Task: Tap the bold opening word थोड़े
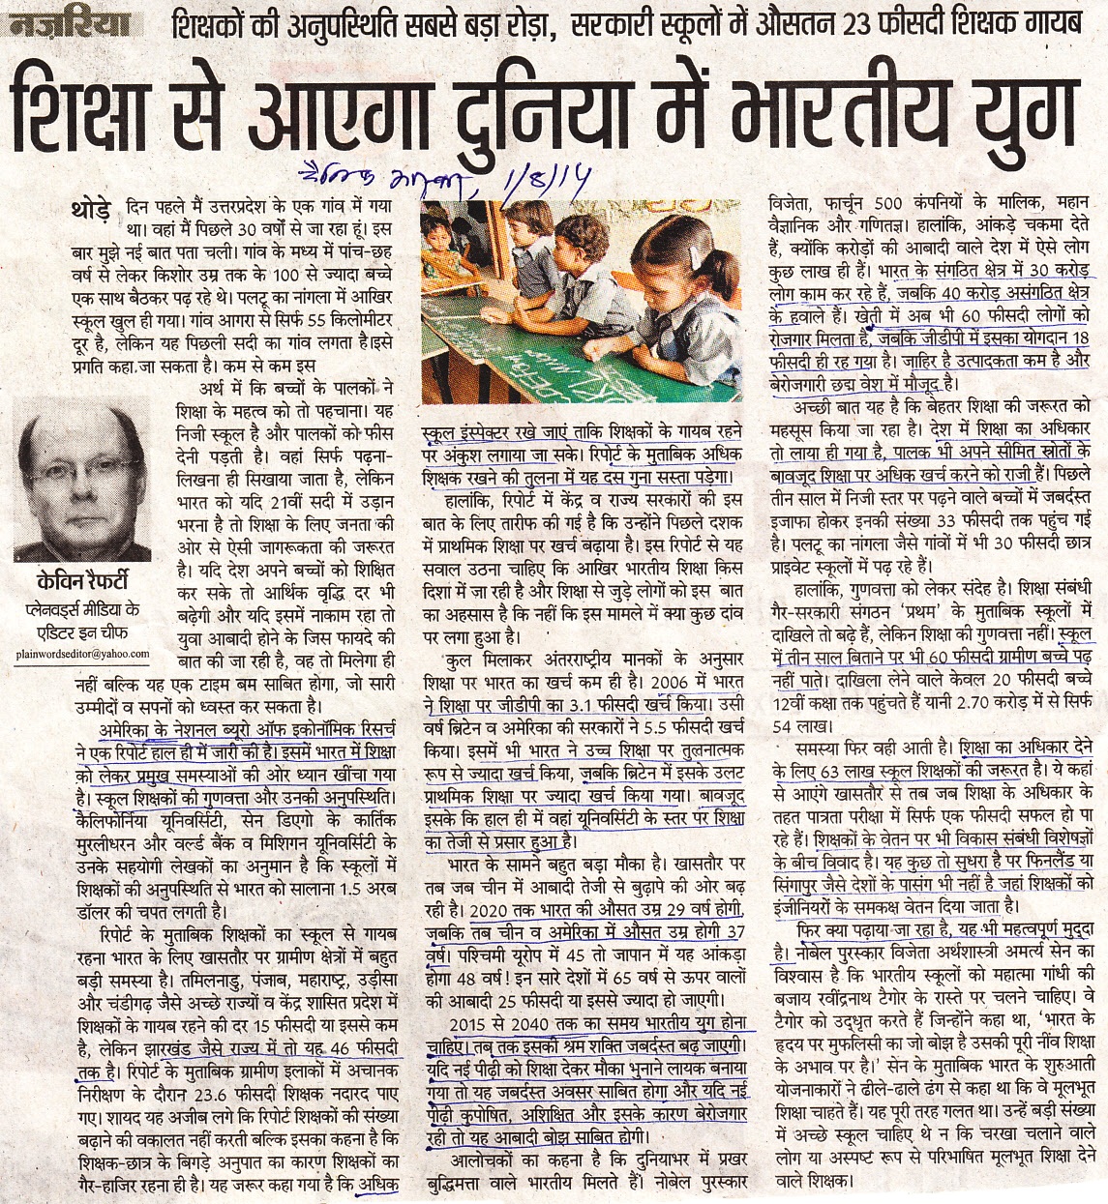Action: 92,207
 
